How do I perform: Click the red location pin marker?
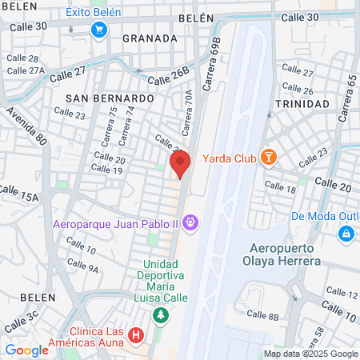point(180,164)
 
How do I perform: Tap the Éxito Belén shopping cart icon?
point(99,30)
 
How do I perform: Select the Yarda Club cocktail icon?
point(269,158)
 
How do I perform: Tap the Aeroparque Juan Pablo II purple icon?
point(190,221)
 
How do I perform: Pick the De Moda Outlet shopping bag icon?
point(346,234)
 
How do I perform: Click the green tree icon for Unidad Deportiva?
point(161,314)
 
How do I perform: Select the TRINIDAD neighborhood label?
point(301,104)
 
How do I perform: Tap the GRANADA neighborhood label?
point(150,38)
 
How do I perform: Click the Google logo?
point(26,350)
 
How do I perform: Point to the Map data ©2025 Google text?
point(311,354)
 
